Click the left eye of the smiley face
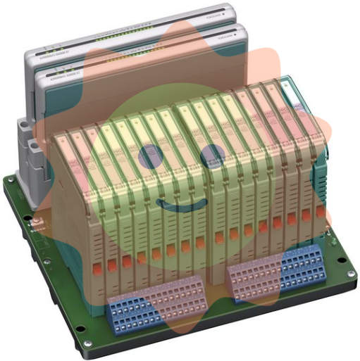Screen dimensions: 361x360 click(x=150, y=156)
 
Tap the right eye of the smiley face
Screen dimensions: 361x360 click(x=211, y=156)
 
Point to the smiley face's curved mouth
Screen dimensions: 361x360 click(x=180, y=205)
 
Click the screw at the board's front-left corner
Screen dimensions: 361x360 click(x=87, y=345)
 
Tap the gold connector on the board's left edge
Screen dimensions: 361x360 click(x=35, y=225)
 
